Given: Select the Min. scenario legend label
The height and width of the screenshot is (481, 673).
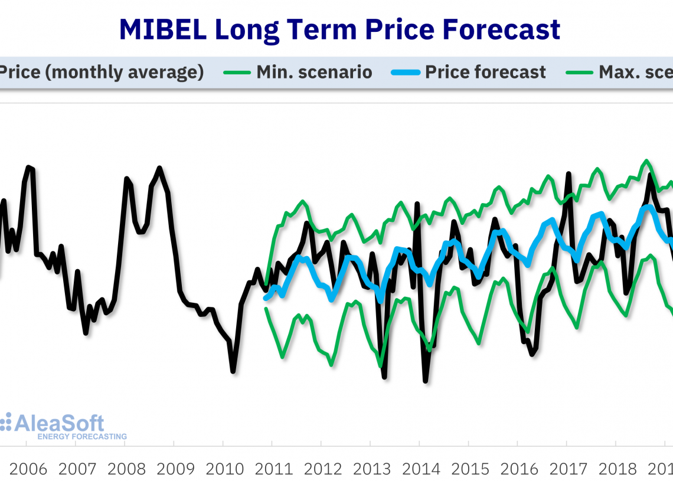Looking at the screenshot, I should click(x=314, y=73).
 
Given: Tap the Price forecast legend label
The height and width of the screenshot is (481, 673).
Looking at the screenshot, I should click(x=485, y=73).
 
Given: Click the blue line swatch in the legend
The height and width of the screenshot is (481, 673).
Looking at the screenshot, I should click(x=406, y=73).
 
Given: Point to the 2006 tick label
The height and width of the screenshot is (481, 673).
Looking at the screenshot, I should click(x=28, y=469).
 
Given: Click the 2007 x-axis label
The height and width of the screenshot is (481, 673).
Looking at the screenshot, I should click(x=77, y=469).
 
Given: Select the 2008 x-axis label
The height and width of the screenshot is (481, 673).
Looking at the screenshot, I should click(x=126, y=469).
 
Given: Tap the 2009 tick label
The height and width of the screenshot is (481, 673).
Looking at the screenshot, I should click(x=175, y=469).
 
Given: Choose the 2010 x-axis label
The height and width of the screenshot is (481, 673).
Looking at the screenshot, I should click(x=225, y=469).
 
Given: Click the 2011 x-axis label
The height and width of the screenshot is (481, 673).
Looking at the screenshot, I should click(x=274, y=469).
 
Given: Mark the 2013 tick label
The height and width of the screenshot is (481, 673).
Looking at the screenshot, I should click(x=372, y=469).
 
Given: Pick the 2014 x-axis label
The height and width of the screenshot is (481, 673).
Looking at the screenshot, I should click(x=421, y=469).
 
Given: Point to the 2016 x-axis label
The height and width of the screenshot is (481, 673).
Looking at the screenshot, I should click(x=520, y=469).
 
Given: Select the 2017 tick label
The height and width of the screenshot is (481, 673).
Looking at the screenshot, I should click(x=569, y=469).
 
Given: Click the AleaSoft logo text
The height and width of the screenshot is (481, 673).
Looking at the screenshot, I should click(x=59, y=423).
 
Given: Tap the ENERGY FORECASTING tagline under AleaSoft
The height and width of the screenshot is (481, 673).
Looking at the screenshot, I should click(x=81, y=437).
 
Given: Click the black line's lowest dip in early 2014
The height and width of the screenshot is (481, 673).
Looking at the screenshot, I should click(x=425, y=381).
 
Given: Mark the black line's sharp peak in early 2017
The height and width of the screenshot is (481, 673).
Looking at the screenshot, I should click(x=569, y=174).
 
